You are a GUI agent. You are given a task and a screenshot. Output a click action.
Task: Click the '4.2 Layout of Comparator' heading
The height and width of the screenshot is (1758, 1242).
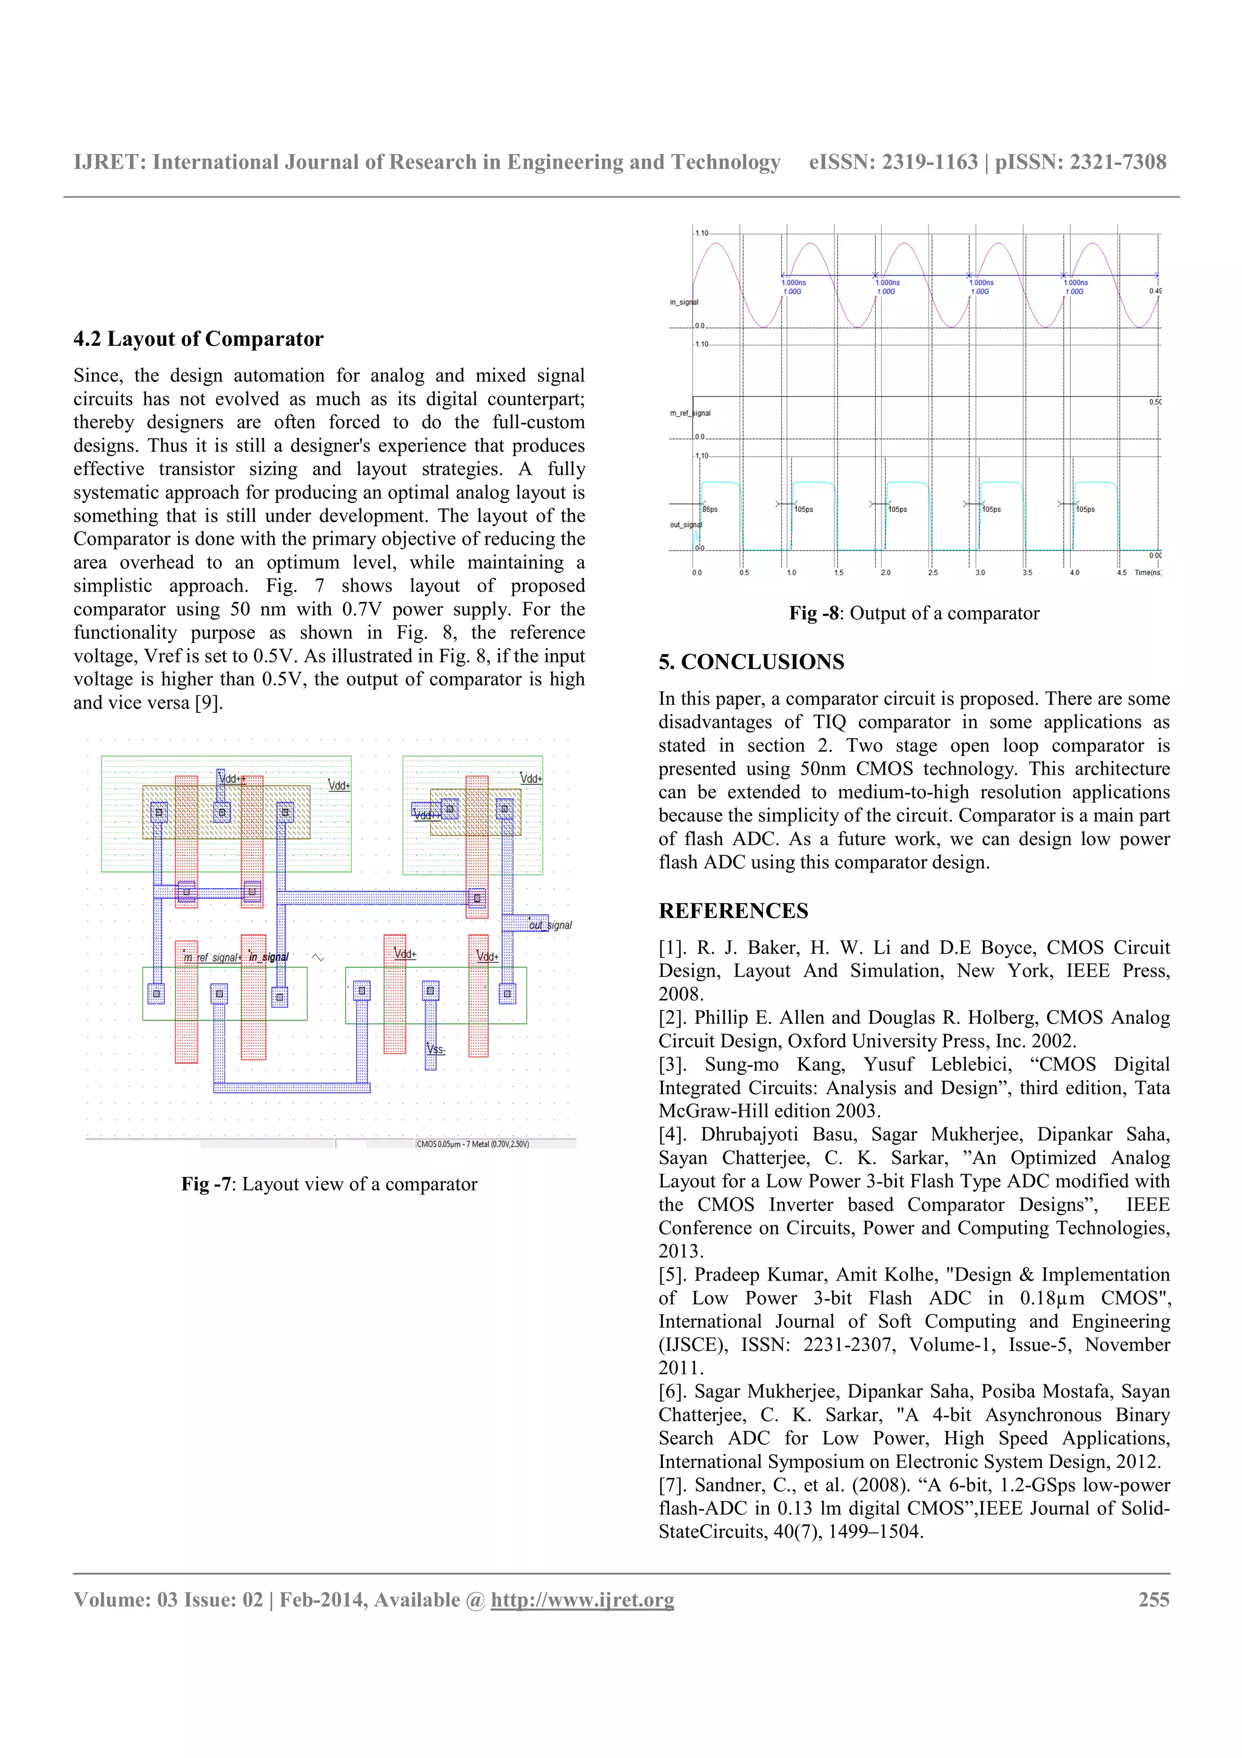tap(198, 338)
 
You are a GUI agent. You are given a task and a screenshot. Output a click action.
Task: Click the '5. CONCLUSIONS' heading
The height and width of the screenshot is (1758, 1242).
tap(751, 662)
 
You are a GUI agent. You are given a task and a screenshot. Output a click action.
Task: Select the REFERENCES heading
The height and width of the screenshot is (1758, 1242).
tap(733, 911)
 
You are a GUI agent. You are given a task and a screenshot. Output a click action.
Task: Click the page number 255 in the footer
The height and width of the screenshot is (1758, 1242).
tap(1153, 1600)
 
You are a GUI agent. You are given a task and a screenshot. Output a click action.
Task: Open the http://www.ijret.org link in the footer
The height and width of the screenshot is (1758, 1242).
tap(582, 1600)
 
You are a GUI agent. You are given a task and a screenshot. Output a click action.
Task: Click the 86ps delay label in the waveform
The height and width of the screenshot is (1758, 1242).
tap(710, 509)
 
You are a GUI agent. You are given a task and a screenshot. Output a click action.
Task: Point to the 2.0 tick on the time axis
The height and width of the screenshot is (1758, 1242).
tap(885, 573)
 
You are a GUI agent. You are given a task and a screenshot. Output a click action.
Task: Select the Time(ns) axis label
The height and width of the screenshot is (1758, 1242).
tap(1147, 573)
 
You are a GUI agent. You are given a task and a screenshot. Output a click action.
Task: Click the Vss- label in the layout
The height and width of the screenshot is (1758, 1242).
tap(435, 1049)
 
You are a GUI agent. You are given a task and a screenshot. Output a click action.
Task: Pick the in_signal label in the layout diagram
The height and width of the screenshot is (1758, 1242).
tap(269, 957)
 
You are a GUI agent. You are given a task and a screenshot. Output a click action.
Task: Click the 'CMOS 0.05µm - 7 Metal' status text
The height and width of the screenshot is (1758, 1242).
tap(472, 1144)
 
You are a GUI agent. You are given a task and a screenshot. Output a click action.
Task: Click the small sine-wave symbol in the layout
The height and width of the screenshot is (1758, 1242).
tap(318, 957)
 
